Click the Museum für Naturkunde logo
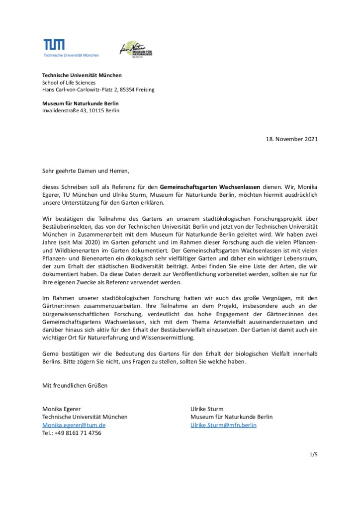coord(136,49)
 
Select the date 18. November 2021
coord(290,139)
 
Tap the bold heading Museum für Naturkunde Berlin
coord(80,103)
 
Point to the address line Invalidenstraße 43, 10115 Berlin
coord(81,110)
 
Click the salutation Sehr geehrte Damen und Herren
coord(85,171)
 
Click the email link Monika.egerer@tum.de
coord(74,425)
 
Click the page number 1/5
coord(313,454)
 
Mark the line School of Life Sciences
coord(69,83)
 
